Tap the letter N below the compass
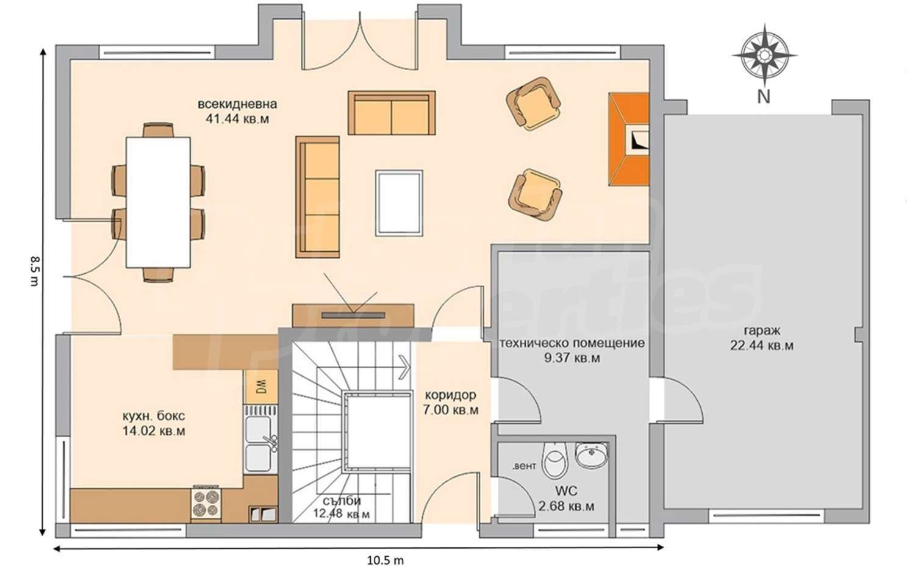click(764, 97)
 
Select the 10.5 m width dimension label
click(385, 560)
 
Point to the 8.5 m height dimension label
click(35, 271)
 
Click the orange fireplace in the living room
click(629, 139)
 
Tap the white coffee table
click(399, 203)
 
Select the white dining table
click(158, 202)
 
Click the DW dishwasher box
click(260, 386)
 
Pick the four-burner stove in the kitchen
click(206, 504)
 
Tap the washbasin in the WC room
click(591, 454)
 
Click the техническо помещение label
click(572, 343)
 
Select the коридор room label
click(451, 395)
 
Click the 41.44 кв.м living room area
click(237, 120)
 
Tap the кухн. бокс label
click(154, 416)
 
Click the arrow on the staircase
click(404, 365)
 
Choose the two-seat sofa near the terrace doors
click(392, 113)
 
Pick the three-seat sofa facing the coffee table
click(317, 197)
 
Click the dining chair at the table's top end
click(158, 130)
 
